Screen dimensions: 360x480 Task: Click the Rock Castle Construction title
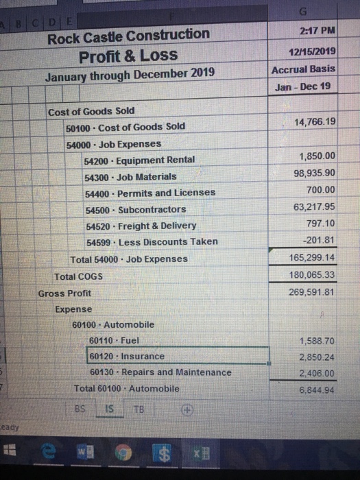coord(128,34)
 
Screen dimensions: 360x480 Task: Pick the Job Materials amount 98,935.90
coord(314,173)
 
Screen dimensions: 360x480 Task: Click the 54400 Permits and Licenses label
coord(149,193)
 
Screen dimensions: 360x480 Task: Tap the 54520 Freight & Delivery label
coord(139,226)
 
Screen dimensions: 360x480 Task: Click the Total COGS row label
coord(79,276)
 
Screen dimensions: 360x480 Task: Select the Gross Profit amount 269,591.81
coord(312,291)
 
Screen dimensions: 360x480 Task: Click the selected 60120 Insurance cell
coord(127,357)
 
